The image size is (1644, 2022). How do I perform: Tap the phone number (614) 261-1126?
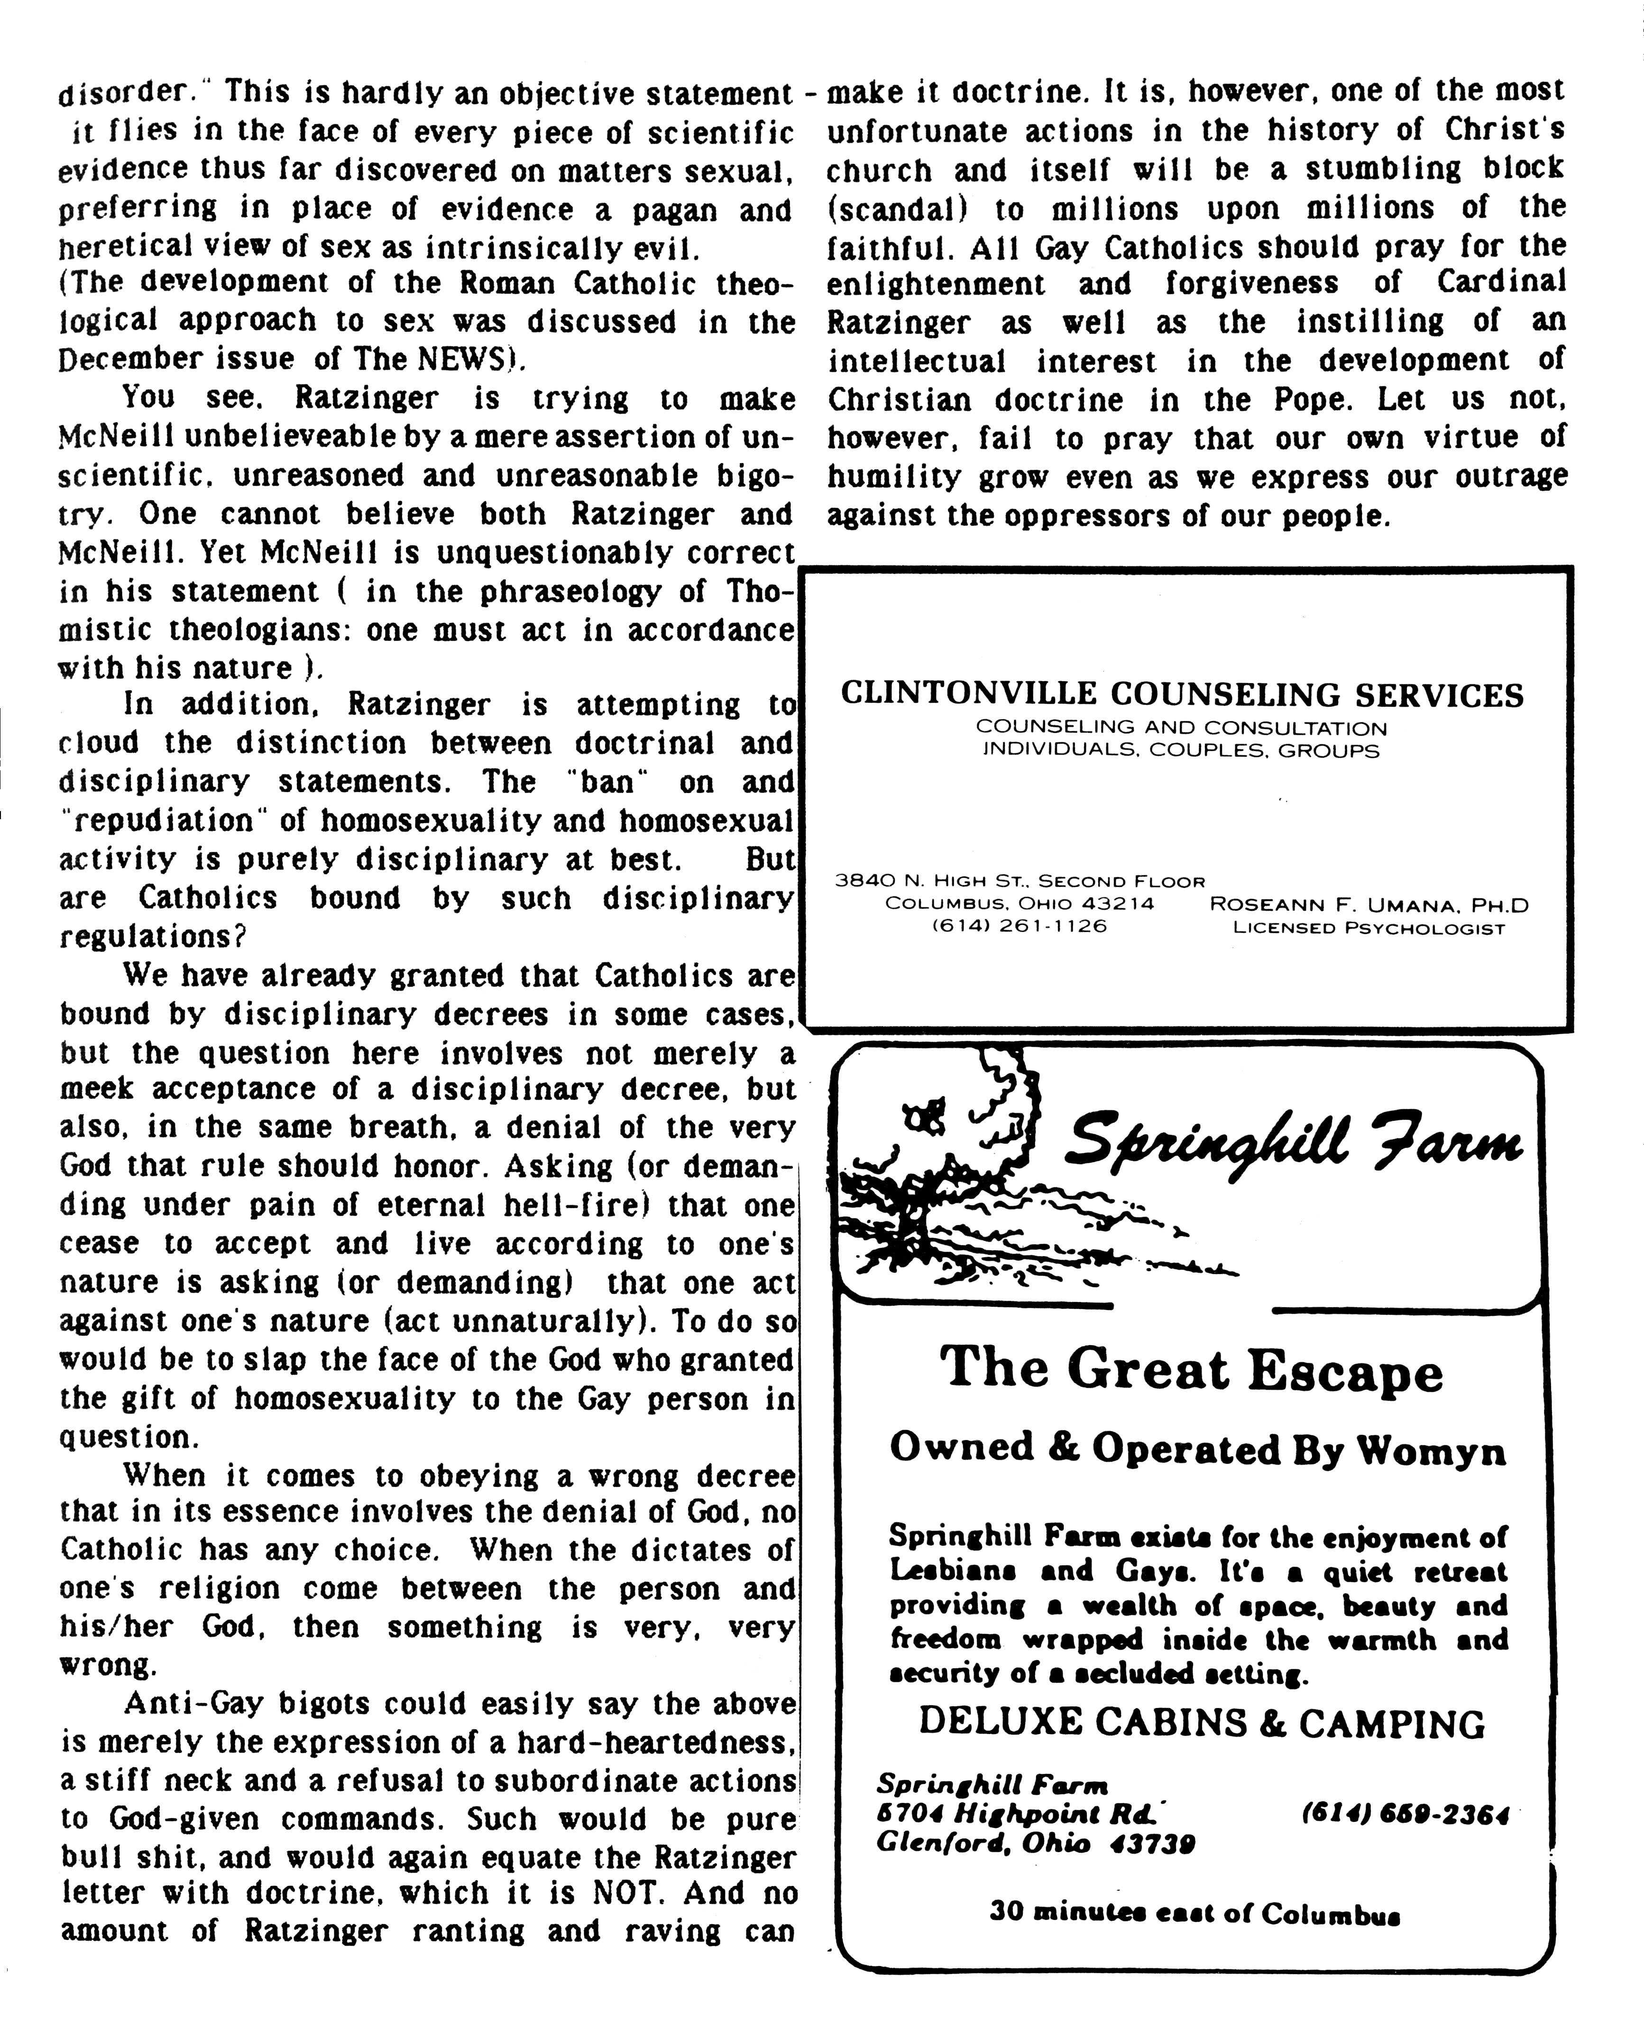[x=1020, y=926]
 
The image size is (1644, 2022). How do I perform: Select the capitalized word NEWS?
[x=445, y=360]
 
